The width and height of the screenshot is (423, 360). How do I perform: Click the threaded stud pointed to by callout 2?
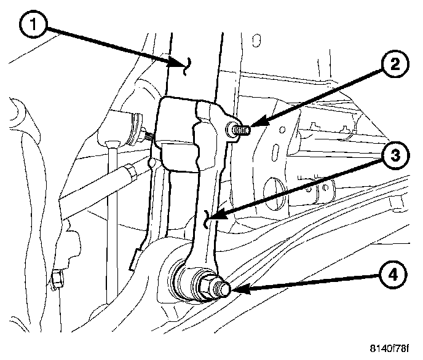239,131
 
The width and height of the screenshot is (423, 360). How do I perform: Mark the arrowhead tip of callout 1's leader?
186,64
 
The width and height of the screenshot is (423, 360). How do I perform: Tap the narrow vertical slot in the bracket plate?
279,151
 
